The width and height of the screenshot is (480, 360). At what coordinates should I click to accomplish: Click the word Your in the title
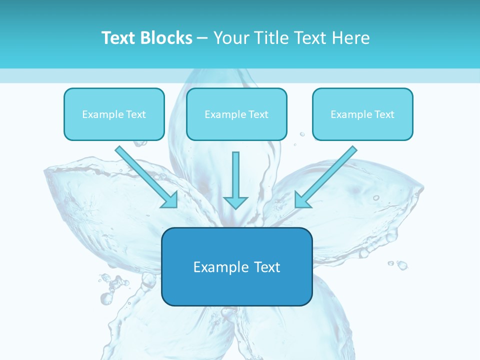tap(230, 38)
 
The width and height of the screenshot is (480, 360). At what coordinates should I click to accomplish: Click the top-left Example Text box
tap(114, 114)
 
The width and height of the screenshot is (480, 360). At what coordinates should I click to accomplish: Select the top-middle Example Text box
tap(236, 114)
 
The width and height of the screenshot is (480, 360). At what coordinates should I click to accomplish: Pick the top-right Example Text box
tap(362, 114)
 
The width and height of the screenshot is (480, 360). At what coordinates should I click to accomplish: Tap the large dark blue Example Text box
tap(236, 266)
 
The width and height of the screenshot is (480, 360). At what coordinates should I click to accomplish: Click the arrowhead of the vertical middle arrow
tap(235, 202)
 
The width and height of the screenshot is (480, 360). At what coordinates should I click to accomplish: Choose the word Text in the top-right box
tap(384, 114)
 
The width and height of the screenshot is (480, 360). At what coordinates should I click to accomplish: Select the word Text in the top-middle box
tap(258, 114)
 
